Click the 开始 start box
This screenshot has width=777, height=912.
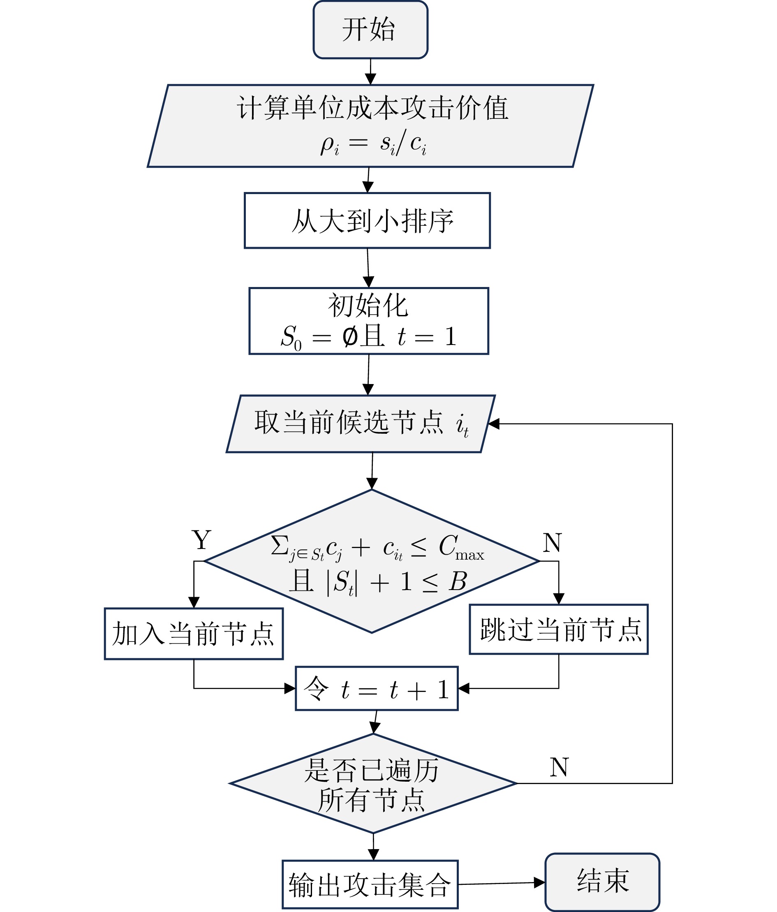370,30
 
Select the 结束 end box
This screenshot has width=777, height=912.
602,882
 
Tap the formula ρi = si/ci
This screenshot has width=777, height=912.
373,143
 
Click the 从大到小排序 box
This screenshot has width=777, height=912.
368,220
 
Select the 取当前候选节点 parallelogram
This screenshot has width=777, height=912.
361,424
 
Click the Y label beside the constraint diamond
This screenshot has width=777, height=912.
201,540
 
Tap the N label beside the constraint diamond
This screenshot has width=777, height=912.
552,543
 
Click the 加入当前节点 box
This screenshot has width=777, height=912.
194,634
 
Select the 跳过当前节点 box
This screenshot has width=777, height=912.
559,630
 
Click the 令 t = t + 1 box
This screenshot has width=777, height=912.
377,688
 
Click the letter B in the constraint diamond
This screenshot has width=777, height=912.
458,581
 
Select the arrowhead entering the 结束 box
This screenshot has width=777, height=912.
539,882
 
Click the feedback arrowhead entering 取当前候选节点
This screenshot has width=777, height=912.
494,424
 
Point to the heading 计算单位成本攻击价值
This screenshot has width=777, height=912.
372,108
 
